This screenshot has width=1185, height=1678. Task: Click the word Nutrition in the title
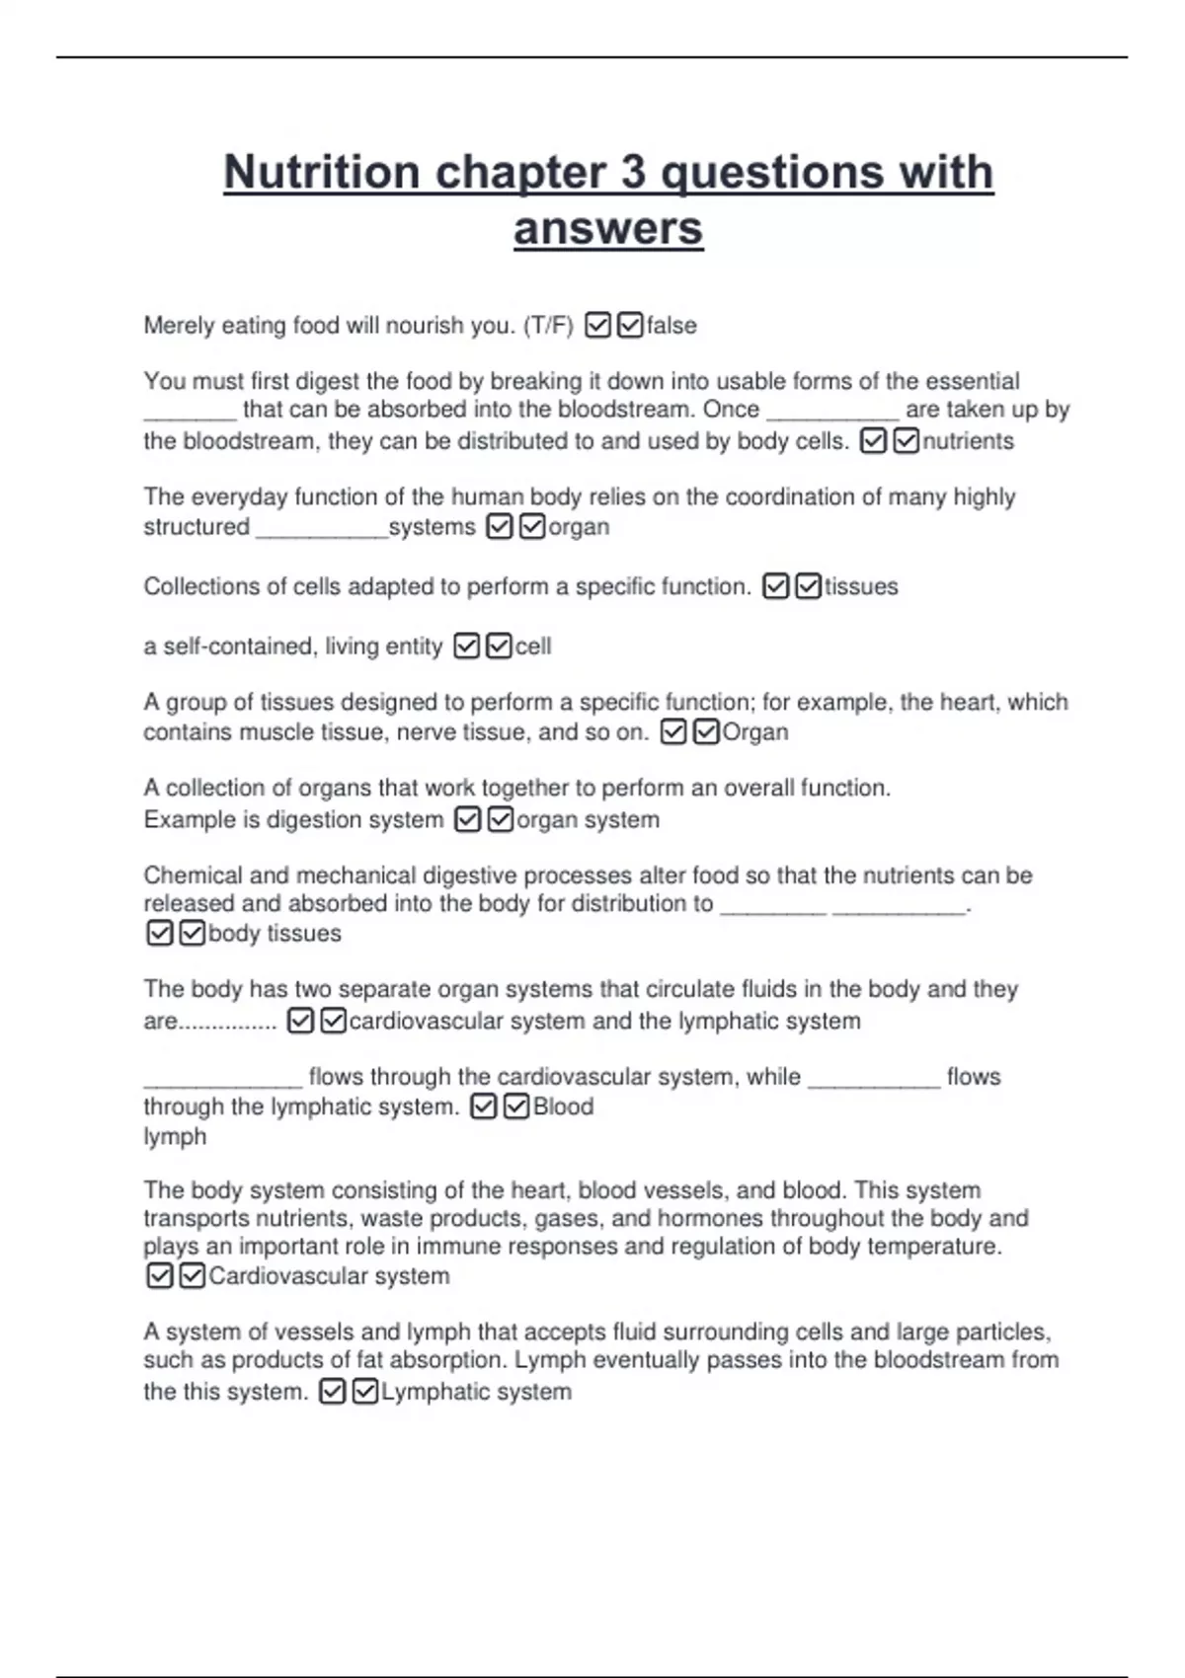point(322,173)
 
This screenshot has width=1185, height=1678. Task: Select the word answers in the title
point(608,229)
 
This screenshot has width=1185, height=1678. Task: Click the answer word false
point(671,326)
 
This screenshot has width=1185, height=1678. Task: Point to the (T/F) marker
point(549,326)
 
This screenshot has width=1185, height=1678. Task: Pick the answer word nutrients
point(968,441)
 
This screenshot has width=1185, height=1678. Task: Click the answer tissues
point(861,587)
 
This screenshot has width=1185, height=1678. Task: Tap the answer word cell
point(533,647)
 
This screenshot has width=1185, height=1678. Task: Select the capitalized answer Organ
point(755,732)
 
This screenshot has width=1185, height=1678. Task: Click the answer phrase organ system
point(588,820)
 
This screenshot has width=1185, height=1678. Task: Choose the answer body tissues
point(275,934)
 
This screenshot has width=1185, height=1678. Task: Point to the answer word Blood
point(563,1106)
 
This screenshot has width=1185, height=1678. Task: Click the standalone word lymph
point(175,1137)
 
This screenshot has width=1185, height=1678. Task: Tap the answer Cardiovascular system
point(329,1276)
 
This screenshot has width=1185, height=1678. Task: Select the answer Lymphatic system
point(476,1392)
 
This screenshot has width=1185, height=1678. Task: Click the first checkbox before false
point(597,325)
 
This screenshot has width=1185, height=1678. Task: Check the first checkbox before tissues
point(776,587)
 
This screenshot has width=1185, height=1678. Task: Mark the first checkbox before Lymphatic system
point(333,1392)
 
